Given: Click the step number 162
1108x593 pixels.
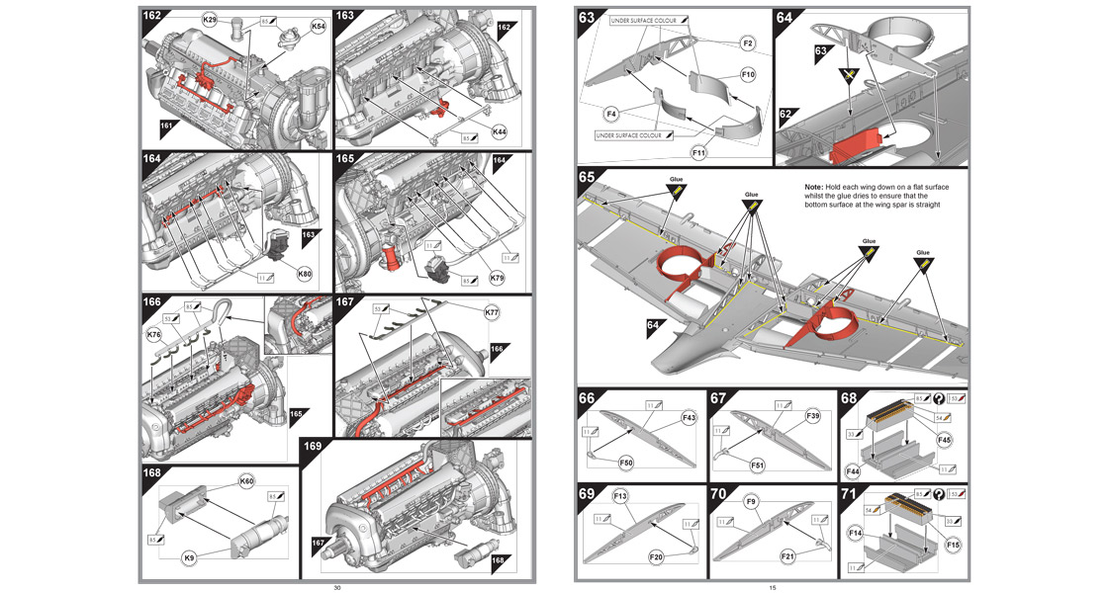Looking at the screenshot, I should tap(155, 16).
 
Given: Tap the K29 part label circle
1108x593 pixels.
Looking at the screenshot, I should tap(210, 20).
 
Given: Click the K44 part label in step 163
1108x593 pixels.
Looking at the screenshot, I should tap(500, 131).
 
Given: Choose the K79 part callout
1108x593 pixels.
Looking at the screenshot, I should tap(498, 280).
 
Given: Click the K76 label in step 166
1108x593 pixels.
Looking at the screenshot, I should tap(153, 336).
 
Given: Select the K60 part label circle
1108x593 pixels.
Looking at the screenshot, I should tap(246, 481).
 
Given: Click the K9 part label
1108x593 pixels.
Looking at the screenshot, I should tap(189, 558).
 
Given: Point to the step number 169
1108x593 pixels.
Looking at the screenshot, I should tap(313, 446).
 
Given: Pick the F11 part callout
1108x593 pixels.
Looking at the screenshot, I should tap(701, 153).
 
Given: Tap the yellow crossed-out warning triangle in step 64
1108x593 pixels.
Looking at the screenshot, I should tap(846, 75).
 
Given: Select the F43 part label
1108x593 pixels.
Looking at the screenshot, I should tap(689, 419).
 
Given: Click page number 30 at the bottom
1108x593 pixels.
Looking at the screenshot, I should tap(337, 587).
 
